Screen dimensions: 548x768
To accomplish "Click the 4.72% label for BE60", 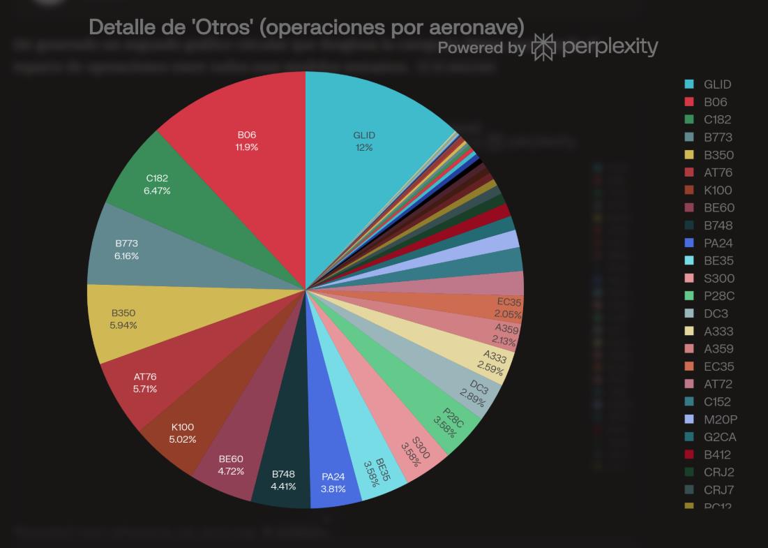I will [231, 471].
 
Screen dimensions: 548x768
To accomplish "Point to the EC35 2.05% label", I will [508, 314].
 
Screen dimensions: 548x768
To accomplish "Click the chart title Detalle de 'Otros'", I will [306, 27].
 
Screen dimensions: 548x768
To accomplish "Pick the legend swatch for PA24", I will [689, 243].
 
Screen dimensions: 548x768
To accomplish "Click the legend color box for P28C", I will [689, 296].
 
